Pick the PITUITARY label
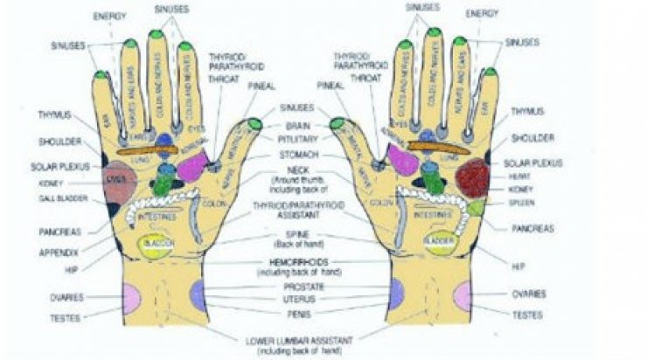pyautogui.click(x=297, y=138)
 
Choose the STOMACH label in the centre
pyautogui.click(x=299, y=153)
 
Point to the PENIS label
pyautogui.click(x=299, y=312)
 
